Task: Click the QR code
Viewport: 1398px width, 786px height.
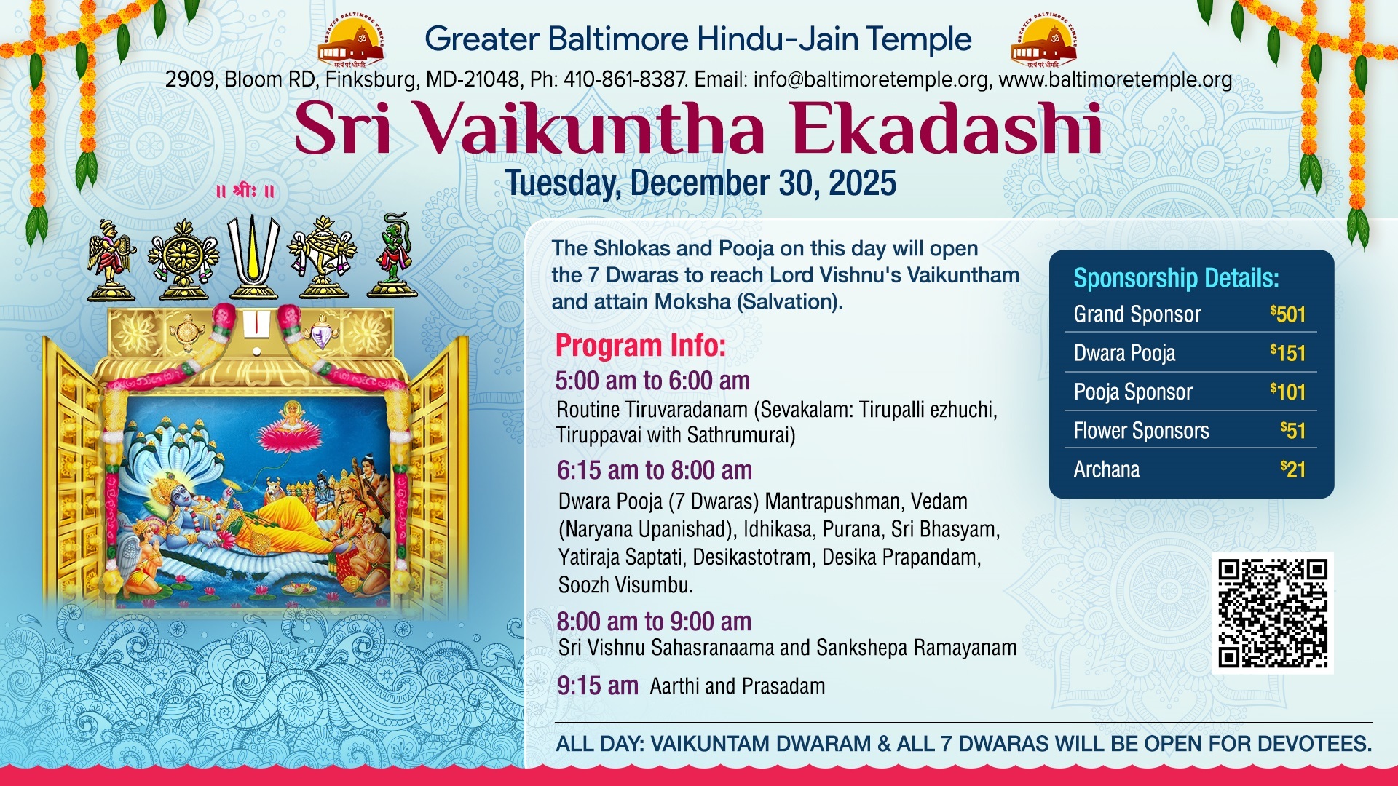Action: [x=1272, y=613]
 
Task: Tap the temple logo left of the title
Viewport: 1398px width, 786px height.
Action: [x=351, y=41]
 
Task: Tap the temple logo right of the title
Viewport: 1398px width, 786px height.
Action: [x=1043, y=41]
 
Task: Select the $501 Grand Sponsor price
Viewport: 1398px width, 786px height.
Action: [x=1287, y=314]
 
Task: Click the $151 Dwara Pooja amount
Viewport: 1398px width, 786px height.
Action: [x=1287, y=353]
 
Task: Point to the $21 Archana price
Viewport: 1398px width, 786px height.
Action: [x=1293, y=469]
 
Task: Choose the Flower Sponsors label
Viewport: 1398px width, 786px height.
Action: [x=1141, y=431]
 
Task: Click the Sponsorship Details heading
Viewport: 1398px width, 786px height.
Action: [x=1176, y=278]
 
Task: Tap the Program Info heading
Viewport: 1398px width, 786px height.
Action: [x=641, y=346]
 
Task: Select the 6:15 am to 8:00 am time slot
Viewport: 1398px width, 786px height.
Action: [x=655, y=470]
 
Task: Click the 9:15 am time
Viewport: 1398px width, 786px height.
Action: [x=598, y=686]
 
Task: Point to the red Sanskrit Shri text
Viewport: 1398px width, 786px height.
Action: [x=245, y=191]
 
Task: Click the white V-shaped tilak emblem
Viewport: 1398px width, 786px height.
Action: [x=253, y=256]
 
